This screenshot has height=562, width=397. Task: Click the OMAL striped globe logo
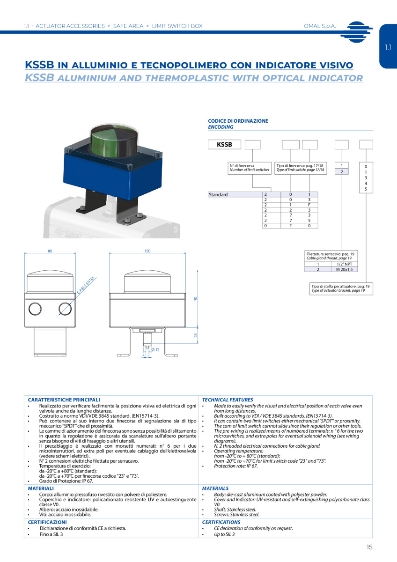point(356,32)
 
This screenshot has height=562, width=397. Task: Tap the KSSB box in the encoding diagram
point(224,145)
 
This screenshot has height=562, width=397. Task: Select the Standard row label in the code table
point(218,194)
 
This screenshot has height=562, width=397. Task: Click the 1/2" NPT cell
point(345,264)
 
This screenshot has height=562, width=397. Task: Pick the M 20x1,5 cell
point(345,269)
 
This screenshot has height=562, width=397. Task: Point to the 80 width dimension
point(50,251)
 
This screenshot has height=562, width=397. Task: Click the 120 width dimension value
point(147,251)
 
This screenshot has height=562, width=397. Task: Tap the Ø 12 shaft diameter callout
point(155,349)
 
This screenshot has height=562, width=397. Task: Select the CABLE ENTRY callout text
point(86,285)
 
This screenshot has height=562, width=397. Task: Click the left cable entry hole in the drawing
point(35,309)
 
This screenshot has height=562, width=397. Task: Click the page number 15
point(369,547)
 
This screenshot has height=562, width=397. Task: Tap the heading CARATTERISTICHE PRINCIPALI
point(64,399)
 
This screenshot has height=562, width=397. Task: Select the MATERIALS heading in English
point(215,488)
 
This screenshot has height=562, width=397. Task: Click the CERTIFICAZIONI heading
point(47,522)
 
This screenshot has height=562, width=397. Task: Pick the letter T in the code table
point(291,226)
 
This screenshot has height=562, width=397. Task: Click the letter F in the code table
point(309,205)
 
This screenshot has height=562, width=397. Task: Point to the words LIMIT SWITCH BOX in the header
point(177,26)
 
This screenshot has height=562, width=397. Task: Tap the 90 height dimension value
point(196,299)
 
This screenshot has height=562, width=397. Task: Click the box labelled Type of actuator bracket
point(341,288)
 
